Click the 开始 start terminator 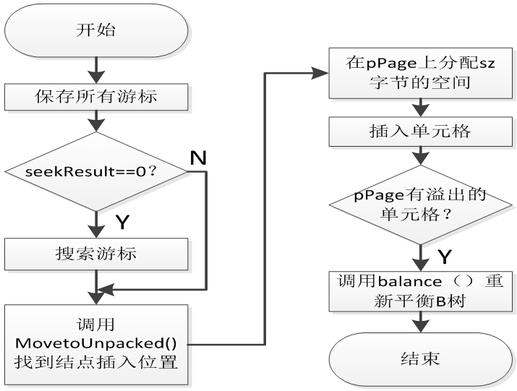pyautogui.click(x=96, y=32)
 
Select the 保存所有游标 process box pyautogui.click(x=96, y=95)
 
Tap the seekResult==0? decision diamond pyautogui.click(x=96, y=171)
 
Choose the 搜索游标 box pyautogui.click(x=96, y=254)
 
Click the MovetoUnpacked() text pyautogui.click(x=96, y=340)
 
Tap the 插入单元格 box pyautogui.click(x=417, y=132)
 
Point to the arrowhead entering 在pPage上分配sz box pyautogui.click(x=322, y=73)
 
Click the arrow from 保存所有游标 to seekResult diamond pyautogui.click(x=96, y=121)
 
